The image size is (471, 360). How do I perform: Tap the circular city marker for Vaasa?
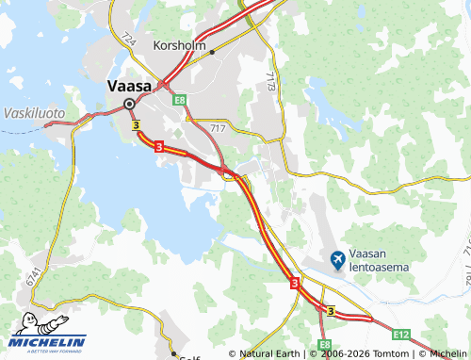point(129,104)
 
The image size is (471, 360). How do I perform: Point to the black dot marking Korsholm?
point(213,52)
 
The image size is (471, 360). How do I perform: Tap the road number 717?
point(219,126)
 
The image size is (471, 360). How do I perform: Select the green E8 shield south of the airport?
point(324,346)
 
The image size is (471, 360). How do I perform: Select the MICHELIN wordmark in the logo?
point(48,341)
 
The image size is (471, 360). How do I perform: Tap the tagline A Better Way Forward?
point(48,352)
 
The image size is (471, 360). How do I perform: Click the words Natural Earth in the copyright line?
point(272,353)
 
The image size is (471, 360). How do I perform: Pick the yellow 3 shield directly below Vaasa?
point(137,124)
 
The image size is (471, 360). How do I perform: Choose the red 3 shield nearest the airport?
point(295,282)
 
